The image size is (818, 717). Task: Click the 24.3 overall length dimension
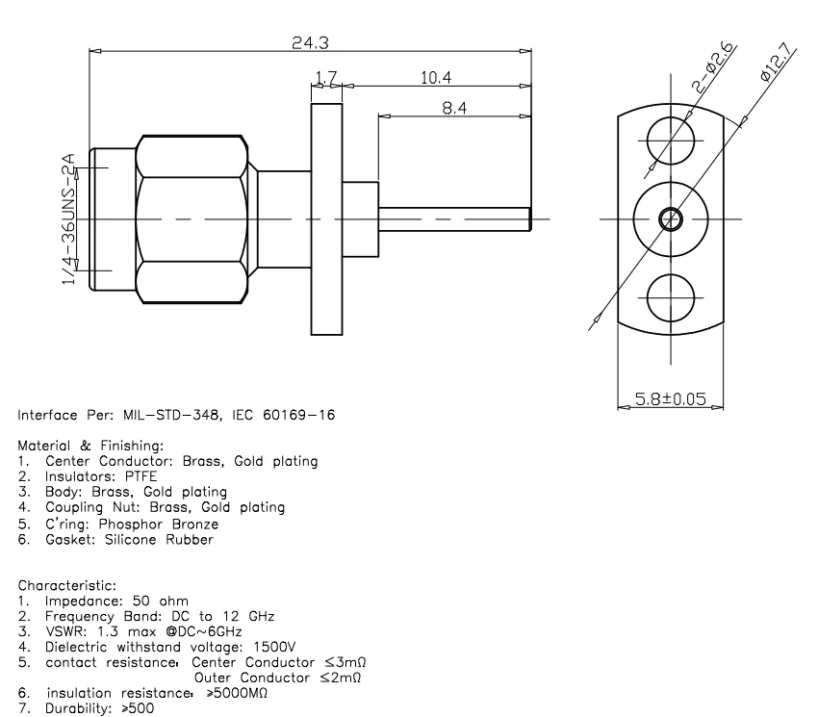(310, 42)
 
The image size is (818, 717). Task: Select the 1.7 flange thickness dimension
(325, 77)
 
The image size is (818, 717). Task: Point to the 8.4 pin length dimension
(454, 108)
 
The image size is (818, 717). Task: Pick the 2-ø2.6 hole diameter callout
(713, 68)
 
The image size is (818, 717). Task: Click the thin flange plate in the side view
(326, 219)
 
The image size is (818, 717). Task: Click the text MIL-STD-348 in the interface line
(165, 416)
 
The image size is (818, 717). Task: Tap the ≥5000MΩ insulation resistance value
(237, 693)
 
